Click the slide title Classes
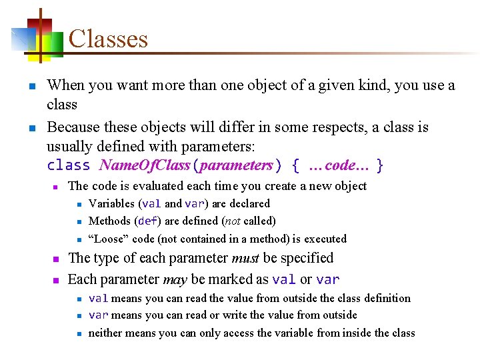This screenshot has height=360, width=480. pos(108,39)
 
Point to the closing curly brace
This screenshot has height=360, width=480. pos(379,165)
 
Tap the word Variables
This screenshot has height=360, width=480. pos(111,203)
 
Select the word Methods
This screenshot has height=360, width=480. pos(110,221)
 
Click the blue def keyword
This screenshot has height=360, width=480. pos(147,221)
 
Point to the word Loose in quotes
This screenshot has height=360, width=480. pos(111,239)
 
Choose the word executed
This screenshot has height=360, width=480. pos(325,239)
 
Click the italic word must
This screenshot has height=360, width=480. pos(245,258)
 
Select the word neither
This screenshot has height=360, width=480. pos(107,333)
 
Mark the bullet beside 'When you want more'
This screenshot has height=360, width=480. pos(31,86)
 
